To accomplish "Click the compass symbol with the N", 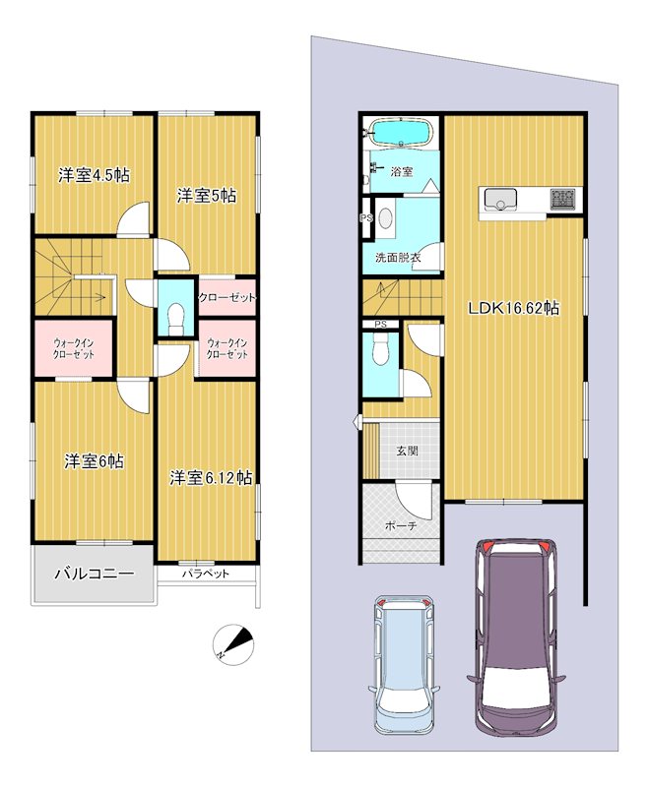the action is (233, 645).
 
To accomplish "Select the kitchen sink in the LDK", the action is (501, 200).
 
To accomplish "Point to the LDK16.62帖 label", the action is (513, 308).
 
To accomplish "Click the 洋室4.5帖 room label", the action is (94, 176).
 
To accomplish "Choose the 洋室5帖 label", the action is (207, 196).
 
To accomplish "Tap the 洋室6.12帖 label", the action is (211, 478).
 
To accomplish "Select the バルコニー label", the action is (95, 574).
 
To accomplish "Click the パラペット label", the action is (206, 574).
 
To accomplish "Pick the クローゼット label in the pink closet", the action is (227, 298).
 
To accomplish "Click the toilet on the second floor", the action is (176, 319).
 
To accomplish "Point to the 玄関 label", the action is (407, 451).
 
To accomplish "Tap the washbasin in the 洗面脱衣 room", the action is (386, 218).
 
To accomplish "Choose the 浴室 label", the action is (402, 171).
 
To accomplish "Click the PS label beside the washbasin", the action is (366, 218).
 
